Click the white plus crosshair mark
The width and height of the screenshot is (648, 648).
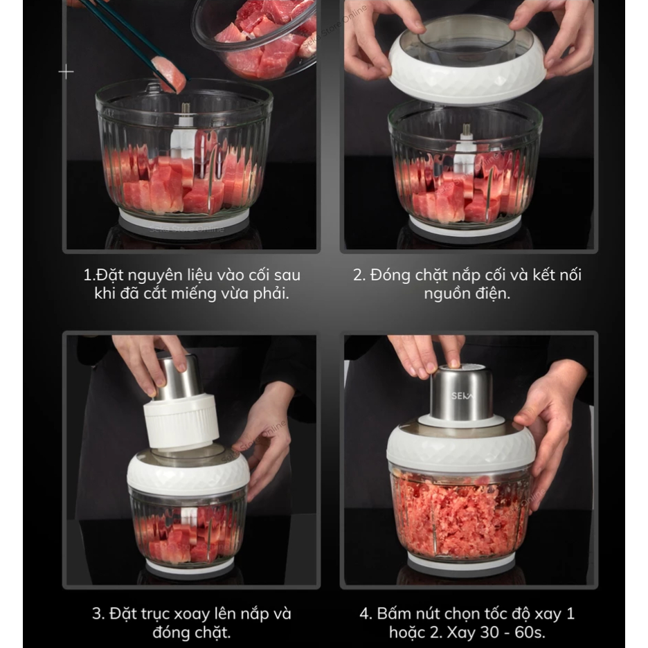(66, 72)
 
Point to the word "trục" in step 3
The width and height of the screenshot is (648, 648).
(155, 614)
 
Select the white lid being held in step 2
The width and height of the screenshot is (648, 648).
(467, 62)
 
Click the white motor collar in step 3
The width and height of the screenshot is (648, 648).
(181, 422)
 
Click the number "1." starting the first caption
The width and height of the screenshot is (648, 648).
(90, 276)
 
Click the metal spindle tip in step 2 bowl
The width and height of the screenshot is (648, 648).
(467, 128)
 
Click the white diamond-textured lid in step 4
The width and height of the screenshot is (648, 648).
(460, 449)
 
